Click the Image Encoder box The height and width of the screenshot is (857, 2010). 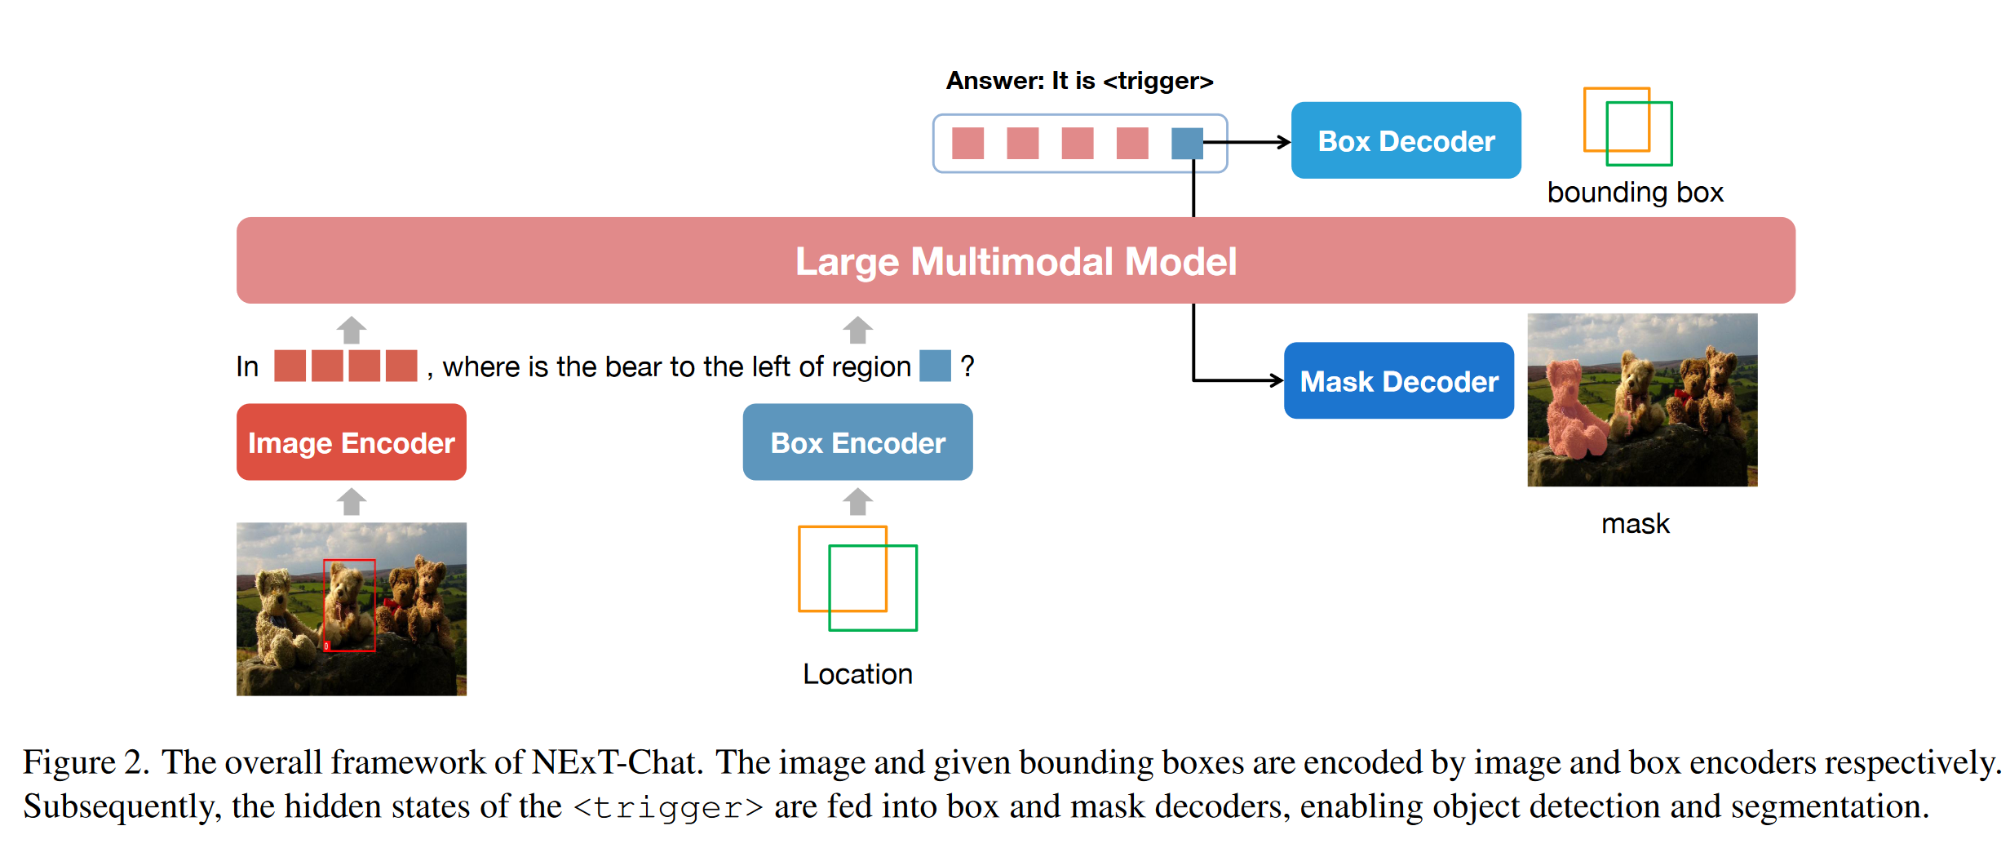click(x=352, y=442)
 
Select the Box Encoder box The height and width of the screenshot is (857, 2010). click(x=857, y=442)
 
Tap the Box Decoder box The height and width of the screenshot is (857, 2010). click(x=1406, y=140)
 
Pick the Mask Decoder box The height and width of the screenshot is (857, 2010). click(x=1399, y=380)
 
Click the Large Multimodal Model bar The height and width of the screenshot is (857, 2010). click(x=1016, y=260)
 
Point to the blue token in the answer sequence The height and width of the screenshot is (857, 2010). click(x=1187, y=144)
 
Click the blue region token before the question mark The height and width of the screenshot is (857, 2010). click(x=935, y=366)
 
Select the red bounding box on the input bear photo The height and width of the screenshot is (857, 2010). click(x=349, y=606)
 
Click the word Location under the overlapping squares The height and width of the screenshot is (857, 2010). click(x=857, y=674)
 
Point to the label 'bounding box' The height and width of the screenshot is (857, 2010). click(x=1636, y=193)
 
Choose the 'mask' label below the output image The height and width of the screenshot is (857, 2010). click(x=1636, y=523)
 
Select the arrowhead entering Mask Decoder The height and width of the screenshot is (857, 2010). click(x=1277, y=380)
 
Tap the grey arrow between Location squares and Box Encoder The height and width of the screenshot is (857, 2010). click(x=857, y=501)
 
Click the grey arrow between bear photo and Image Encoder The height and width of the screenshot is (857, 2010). click(x=352, y=501)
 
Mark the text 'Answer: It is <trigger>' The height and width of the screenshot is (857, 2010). click(x=1080, y=81)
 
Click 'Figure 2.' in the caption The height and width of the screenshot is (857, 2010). click(x=86, y=762)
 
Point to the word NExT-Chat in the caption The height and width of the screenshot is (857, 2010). click(x=617, y=762)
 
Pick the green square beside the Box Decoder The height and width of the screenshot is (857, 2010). click(x=1639, y=134)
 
